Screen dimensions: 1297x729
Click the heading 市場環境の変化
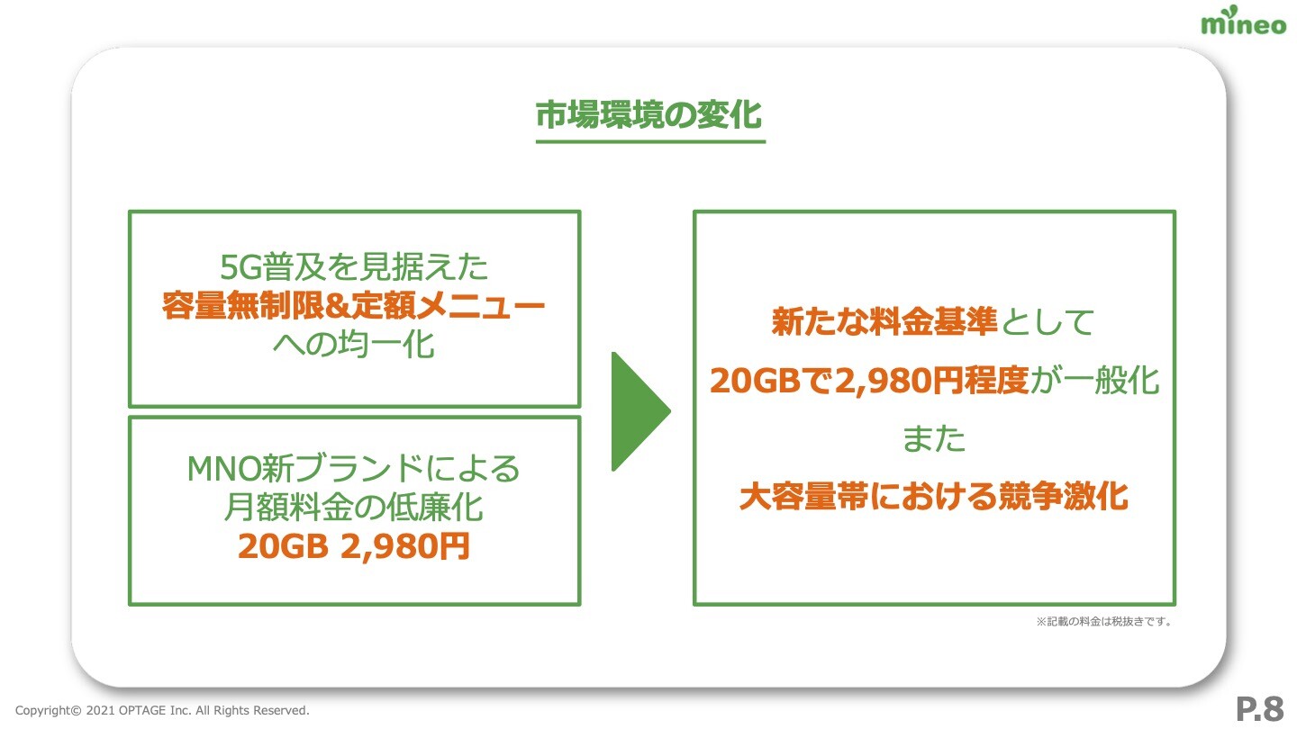pyautogui.click(x=649, y=114)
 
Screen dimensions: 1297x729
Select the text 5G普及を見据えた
pyautogui.click(x=354, y=266)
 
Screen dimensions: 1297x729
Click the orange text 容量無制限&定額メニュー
pyautogui.click(x=354, y=305)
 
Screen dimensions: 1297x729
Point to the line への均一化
pyautogui.click(x=354, y=344)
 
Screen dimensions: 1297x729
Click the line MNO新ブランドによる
pyautogui.click(x=354, y=468)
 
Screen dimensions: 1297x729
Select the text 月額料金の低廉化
pyautogui.click(x=354, y=508)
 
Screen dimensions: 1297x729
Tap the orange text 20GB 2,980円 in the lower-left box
pyautogui.click(x=354, y=546)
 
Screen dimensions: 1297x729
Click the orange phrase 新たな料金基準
pyautogui.click(x=884, y=321)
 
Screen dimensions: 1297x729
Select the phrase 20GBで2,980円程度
pyautogui.click(x=869, y=380)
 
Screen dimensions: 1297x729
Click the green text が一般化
pyautogui.click(x=1094, y=380)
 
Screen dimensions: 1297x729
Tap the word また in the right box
pyautogui.click(x=934, y=438)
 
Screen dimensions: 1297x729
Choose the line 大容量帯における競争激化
pyautogui.click(x=934, y=497)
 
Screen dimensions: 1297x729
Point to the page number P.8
pyautogui.click(x=1259, y=709)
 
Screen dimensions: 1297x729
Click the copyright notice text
pyautogui.click(x=162, y=710)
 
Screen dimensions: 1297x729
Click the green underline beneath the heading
pyautogui.click(x=650, y=140)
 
